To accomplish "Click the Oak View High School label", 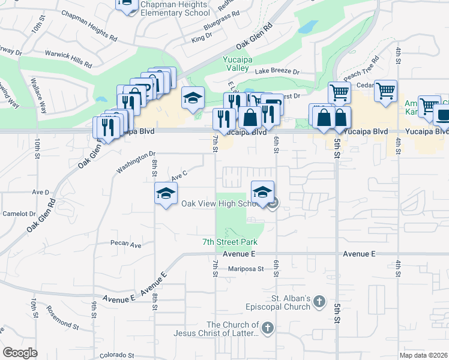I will [x=220, y=203].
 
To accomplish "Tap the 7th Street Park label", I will [x=229, y=242].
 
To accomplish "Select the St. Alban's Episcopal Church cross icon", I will [x=319, y=302].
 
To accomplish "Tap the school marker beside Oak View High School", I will [x=262, y=193].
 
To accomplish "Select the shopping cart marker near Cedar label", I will [x=385, y=91].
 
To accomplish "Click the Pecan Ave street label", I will [x=126, y=245].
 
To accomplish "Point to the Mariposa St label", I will [x=246, y=269].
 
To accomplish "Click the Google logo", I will [x=20, y=353].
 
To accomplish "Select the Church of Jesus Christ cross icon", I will [x=268, y=328].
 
